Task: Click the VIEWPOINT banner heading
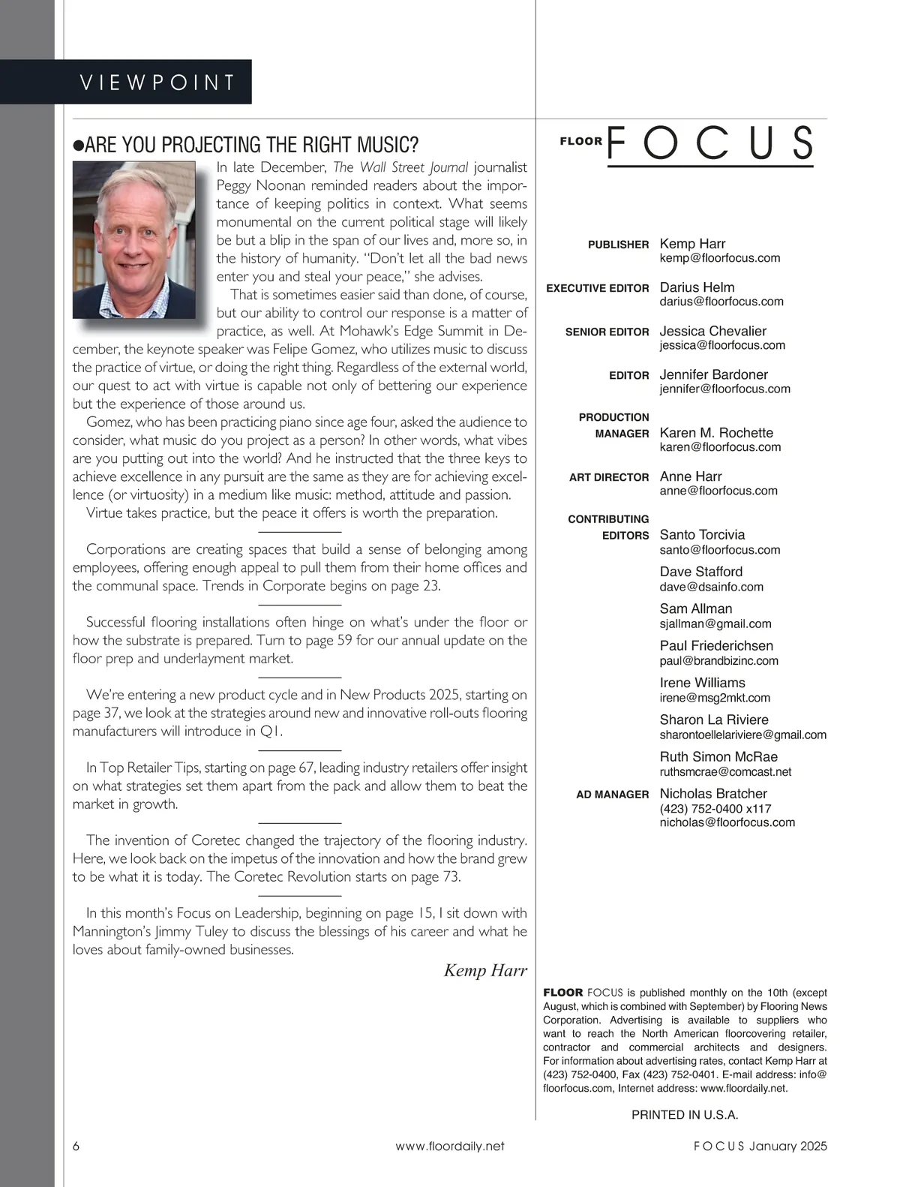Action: click(x=157, y=82)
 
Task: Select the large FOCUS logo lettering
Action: click(x=709, y=143)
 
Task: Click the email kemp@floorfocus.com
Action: click(x=719, y=258)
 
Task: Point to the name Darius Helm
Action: click(x=697, y=287)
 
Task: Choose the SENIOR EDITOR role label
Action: click(x=607, y=332)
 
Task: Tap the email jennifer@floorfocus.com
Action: click(x=724, y=389)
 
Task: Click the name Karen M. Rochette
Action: click(x=715, y=433)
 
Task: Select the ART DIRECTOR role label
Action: click(x=609, y=477)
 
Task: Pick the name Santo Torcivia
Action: click(x=702, y=535)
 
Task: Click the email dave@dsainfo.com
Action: click(x=711, y=587)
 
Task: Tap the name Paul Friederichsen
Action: click(x=716, y=646)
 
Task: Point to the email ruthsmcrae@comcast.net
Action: click(x=725, y=771)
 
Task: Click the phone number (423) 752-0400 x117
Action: click(x=715, y=809)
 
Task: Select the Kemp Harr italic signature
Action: click(x=485, y=970)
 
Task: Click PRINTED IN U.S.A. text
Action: click(x=685, y=1115)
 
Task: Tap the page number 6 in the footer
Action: click(x=76, y=1146)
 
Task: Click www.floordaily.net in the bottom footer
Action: click(x=450, y=1146)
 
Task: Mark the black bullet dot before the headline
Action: click(x=78, y=146)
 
